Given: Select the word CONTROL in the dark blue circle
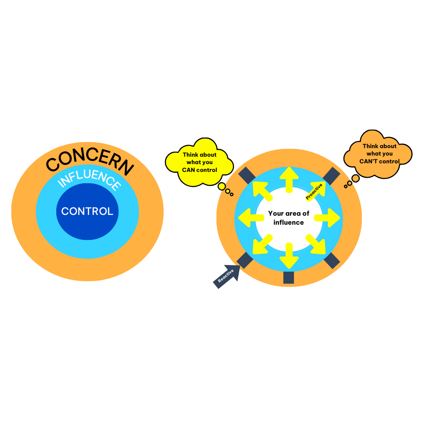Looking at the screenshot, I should tap(87, 211).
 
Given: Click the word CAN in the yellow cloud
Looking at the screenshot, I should tap(189, 170).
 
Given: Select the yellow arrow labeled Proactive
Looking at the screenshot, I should tap(315, 190).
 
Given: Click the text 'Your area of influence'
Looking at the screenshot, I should tap(289, 218).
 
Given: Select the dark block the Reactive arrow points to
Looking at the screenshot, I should tap(245, 260).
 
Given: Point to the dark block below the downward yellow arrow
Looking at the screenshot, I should tap(288, 277).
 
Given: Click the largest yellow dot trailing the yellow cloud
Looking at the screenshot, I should tap(222, 186).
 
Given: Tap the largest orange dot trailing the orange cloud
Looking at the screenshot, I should tap(356, 179).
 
